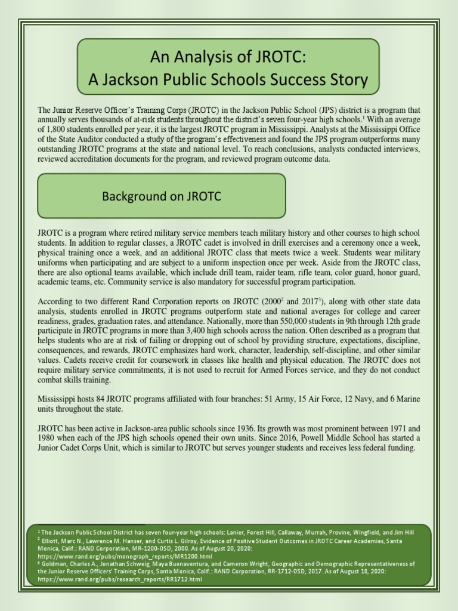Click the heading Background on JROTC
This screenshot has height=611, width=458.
pyautogui.click(x=162, y=196)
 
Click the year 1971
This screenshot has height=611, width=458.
pyautogui.click(x=398, y=428)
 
